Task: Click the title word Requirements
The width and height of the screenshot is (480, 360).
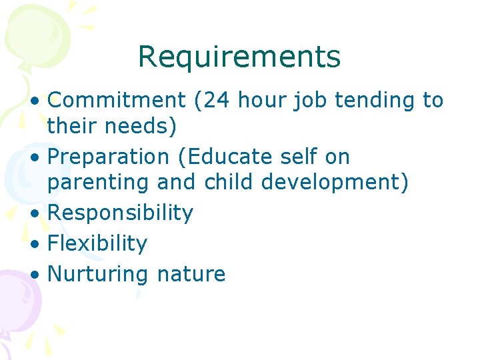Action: [239, 57]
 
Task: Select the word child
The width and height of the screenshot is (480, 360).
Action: [226, 182]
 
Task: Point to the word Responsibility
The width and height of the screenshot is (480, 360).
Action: [121, 213]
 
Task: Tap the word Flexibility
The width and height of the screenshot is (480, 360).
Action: [97, 243]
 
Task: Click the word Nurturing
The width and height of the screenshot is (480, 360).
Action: [99, 274]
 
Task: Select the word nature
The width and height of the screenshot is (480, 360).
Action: [191, 274]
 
